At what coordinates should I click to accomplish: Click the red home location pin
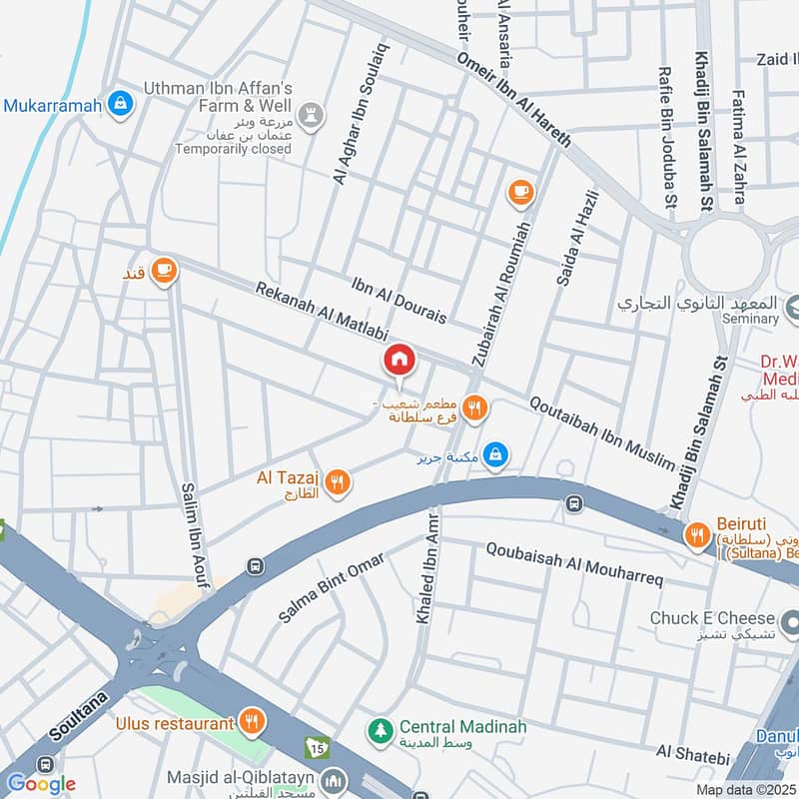click(399, 361)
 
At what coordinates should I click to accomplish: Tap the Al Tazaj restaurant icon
click(340, 482)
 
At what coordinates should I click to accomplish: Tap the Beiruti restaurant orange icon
click(696, 536)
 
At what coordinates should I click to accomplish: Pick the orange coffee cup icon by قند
click(164, 270)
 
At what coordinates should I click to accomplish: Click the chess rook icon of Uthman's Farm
click(315, 114)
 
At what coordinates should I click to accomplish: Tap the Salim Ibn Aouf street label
click(194, 534)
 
